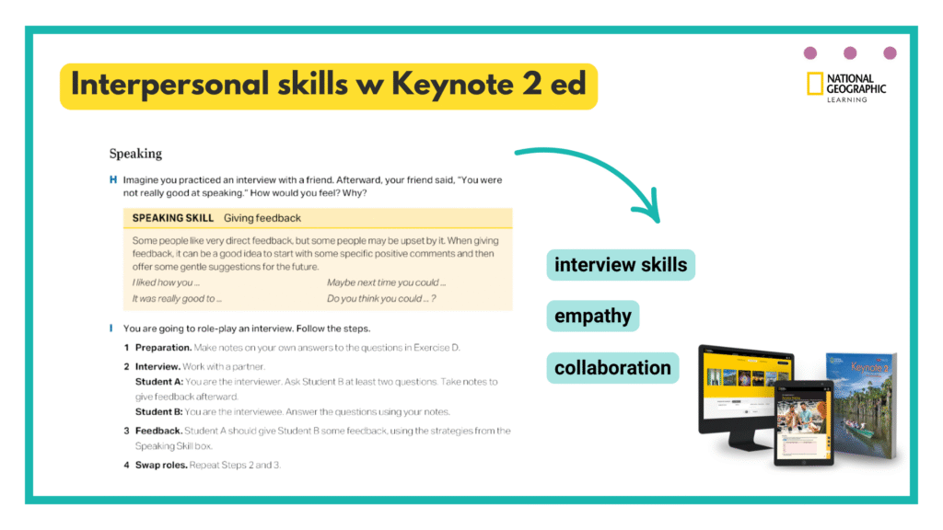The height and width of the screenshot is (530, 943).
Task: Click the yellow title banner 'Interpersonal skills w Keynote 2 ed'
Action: (329, 86)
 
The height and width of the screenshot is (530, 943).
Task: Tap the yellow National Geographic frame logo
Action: (814, 84)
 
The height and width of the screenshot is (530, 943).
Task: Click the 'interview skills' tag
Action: (621, 265)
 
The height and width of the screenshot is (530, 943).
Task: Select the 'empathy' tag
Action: (593, 317)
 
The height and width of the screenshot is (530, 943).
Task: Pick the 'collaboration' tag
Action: (612, 368)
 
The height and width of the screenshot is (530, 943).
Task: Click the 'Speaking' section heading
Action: (135, 154)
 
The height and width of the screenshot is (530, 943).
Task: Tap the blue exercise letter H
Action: (112, 179)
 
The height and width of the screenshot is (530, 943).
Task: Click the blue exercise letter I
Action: (111, 328)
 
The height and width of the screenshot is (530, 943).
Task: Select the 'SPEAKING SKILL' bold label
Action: (173, 218)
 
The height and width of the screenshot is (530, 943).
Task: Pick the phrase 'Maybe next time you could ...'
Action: (387, 282)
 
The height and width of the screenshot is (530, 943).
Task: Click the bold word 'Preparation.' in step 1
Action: (164, 347)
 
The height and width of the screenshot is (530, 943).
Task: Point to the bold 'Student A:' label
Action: (159, 381)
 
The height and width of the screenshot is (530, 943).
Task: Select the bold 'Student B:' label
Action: (159, 411)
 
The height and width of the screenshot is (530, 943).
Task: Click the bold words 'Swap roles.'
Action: (161, 465)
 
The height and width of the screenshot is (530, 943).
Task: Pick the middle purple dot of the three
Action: (850, 53)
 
